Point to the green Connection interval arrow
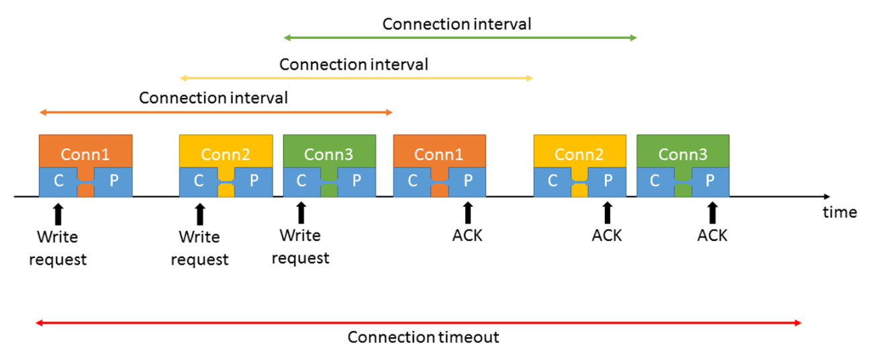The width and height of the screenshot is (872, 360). click(460, 38)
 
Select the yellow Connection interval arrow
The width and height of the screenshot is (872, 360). click(356, 79)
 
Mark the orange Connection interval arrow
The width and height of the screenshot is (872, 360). click(215, 112)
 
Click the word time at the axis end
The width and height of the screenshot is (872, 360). click(840, 212)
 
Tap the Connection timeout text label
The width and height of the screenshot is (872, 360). click(423, 337)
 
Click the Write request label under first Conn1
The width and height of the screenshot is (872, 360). click(58, 248)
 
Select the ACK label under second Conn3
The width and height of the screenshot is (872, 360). click(712, 236)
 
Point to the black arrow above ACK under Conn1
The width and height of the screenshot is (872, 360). click(468, 213)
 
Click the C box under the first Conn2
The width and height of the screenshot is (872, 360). click(199, 181)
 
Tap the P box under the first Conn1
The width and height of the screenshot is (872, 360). click(113, 181)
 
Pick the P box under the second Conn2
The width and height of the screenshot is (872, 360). click(608, 181)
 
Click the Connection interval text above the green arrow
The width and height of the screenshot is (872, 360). click(456, 24)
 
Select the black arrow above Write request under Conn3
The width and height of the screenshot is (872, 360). click(301, 213)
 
